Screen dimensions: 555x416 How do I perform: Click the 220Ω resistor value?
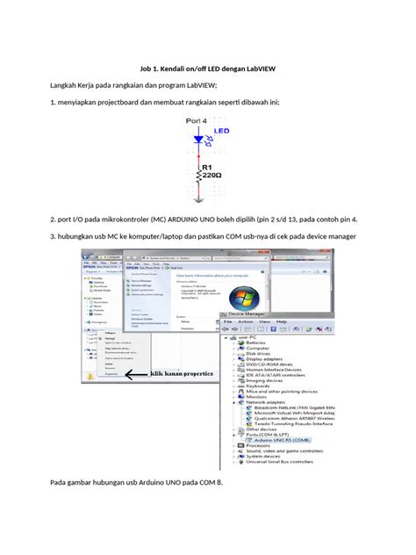pyautogui.click(x=212, y=175)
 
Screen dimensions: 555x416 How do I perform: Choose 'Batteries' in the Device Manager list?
pyautogui.click(x=257, y=342)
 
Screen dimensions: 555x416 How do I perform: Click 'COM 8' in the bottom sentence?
pyautogui.click(x=210, y=484)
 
